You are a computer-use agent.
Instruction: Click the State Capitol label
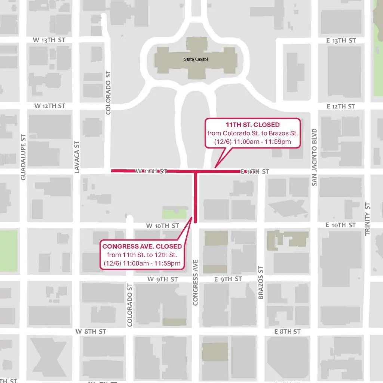coord(196,59)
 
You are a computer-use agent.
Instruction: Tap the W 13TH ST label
coord(49,40)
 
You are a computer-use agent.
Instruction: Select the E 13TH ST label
coord(341,40)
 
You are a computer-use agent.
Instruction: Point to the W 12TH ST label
coord(50,106)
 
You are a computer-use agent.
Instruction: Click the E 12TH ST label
coord(341,106)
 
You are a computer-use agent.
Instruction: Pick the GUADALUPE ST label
coord(24,157)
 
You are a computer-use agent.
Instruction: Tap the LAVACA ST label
coord(77,157)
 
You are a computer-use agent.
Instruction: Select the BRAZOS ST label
coord(261,283)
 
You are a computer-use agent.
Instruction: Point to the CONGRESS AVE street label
coord(195,282)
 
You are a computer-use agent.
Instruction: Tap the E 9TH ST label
coord(228,279)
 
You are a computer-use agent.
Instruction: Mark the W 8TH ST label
coord(91,331)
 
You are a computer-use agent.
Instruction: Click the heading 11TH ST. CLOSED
coord(252,125)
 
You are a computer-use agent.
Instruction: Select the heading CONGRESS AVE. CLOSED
coord(142,246)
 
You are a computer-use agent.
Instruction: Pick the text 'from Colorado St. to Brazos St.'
coord(252,133)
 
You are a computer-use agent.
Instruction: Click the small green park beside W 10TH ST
coord(174,213)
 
